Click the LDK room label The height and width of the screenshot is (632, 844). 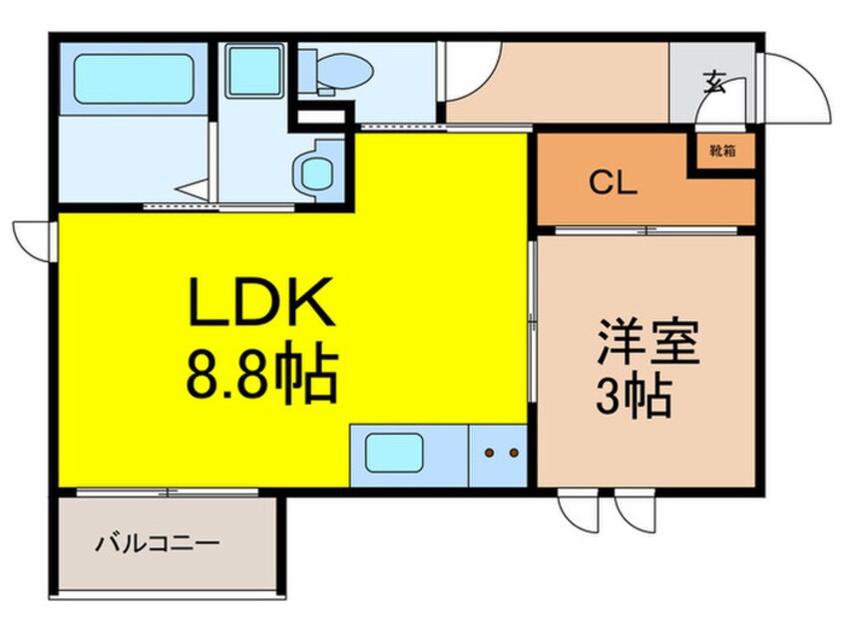point(261,302)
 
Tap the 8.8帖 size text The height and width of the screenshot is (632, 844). point(262,372)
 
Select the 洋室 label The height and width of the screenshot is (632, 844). point(647,342)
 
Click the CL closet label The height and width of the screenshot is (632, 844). point(614,182)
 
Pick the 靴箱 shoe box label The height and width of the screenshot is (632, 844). point(722,152)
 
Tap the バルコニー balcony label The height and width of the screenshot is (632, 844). point(158,543)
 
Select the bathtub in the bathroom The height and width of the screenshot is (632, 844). point(134,79)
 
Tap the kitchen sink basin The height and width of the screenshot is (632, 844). point(393,453)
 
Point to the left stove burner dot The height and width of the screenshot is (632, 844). point(489,453)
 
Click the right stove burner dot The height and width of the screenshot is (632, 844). point(514,453)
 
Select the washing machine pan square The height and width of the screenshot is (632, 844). point(254,71)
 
